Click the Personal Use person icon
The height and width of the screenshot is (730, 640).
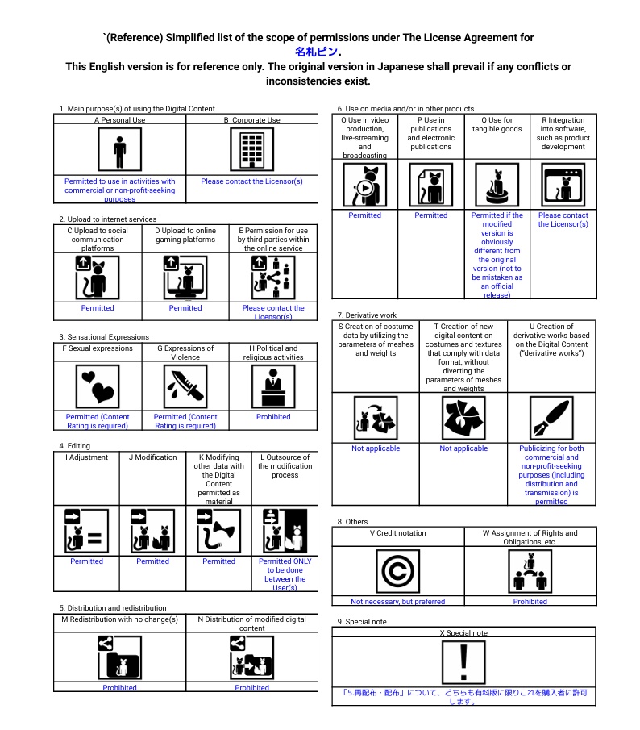(119, 150)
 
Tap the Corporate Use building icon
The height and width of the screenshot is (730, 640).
(251, 150)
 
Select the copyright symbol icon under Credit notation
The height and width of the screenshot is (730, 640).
(397, 570)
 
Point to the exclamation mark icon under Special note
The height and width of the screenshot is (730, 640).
(463, 661)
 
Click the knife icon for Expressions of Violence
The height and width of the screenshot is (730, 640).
(185, 387)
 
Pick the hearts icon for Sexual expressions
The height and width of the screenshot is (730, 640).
(98, 387)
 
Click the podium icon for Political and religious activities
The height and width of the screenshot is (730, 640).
(273, 387)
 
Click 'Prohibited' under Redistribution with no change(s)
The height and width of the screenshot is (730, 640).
(119, 688)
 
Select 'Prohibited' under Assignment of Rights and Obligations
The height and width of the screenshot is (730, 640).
(530, 601)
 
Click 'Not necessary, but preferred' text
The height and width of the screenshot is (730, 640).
(397, 601)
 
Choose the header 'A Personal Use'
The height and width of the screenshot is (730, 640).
(119, 120)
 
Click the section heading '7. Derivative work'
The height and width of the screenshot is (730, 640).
(367, 315)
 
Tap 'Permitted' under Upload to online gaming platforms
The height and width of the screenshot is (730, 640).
(185, 308)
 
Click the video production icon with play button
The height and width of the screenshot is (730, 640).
(364, 186)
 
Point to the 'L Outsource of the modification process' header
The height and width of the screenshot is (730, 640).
(285, 465)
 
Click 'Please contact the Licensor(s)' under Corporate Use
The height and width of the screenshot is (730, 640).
(251, 181)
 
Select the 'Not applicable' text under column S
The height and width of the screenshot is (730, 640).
(376, 448)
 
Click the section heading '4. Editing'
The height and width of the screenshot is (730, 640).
(74, 445)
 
